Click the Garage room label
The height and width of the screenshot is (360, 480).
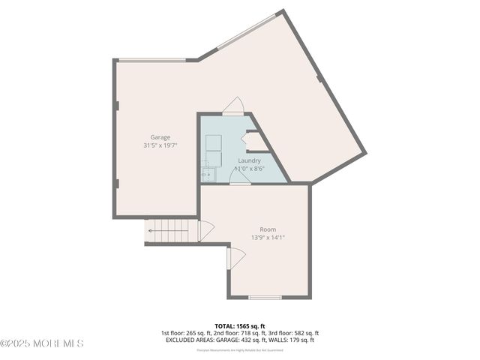(160, 137)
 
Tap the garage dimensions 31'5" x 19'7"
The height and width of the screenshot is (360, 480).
(160, 145)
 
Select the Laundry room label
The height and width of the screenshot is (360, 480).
(249, 160)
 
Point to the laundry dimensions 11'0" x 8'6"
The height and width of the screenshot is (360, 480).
(249, 169)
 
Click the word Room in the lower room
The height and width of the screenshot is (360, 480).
(268, 229)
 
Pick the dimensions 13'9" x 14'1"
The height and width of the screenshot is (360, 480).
(268, 238)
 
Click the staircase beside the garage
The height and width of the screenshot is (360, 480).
(172, 231)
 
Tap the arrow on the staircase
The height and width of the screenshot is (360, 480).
(154, 231)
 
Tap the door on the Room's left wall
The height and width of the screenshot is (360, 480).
(235, 258)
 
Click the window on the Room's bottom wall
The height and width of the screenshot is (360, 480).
(265, 297)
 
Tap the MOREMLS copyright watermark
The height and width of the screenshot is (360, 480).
(42, 343)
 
